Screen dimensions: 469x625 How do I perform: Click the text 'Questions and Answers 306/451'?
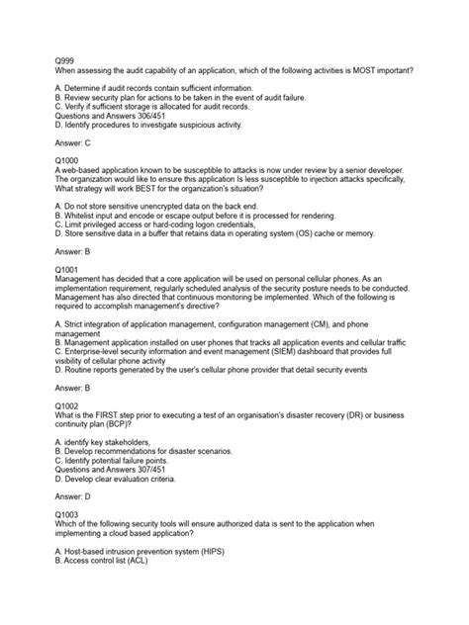(x=103, y=112)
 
